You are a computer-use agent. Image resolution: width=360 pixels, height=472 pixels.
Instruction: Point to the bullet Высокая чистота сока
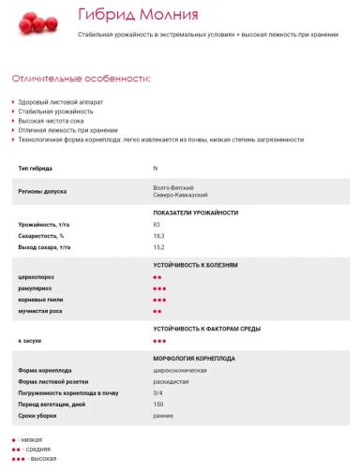pos(58,121)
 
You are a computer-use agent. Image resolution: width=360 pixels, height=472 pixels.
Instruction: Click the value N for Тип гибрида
pos(155,168)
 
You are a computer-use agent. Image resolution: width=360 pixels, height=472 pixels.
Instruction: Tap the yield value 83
pos(157,225)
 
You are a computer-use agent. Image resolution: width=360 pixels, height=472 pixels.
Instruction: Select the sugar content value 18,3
pos(158,236)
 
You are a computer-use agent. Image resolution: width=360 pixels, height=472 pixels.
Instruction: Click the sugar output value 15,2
pos(158,247)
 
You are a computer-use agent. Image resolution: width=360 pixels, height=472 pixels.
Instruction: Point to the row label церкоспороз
pos(38,278)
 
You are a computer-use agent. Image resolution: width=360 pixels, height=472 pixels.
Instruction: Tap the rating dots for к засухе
pos(159,341)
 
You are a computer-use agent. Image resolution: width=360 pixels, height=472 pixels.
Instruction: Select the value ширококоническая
pos(180,371)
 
